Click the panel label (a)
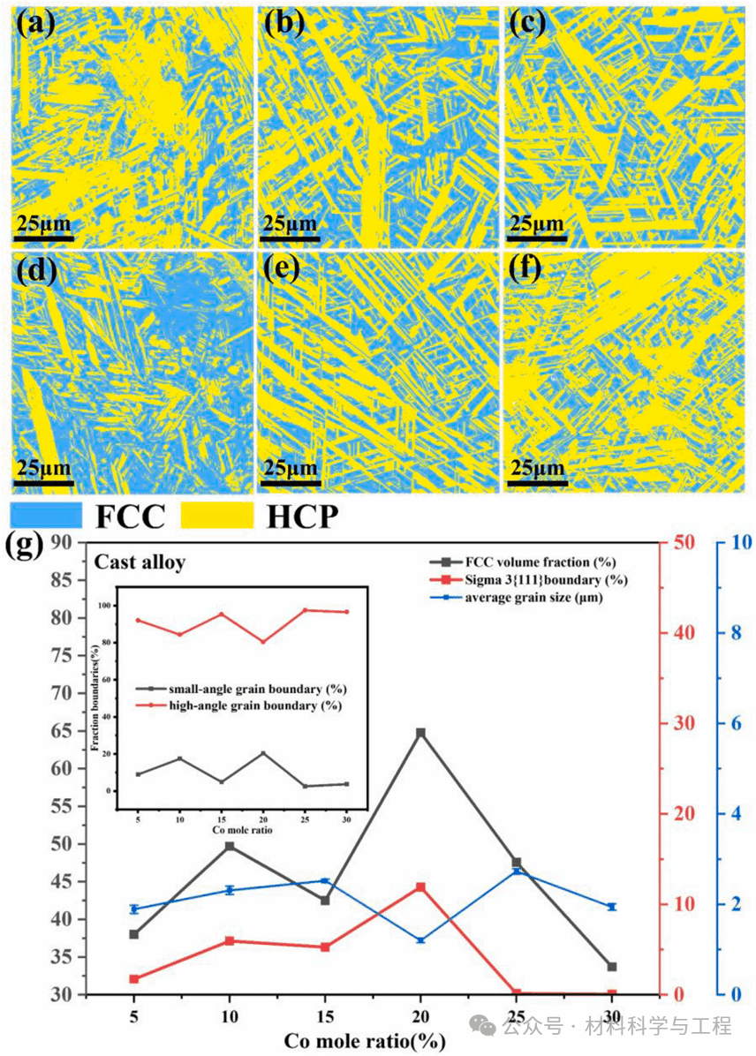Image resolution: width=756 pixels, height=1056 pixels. (35, 23)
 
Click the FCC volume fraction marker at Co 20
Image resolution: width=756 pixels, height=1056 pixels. (420, 733)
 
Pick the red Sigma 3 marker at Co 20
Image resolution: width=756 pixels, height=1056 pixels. (420, 887)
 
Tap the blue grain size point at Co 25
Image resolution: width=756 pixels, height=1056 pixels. (516, 871)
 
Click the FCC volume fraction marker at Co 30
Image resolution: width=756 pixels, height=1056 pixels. (611, 967)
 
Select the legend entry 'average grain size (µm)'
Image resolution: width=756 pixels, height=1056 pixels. (538, 598)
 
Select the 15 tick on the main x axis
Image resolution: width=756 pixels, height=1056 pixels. (325, 1015)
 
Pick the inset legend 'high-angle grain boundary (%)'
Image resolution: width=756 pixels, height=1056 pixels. (240, 705)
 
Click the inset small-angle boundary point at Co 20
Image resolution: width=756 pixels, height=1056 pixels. (263, 753)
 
